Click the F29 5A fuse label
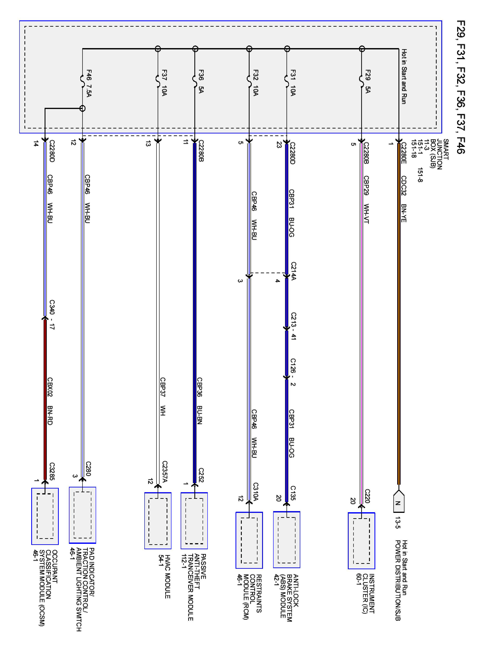368,81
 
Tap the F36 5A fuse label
201,81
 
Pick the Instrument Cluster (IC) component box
361,541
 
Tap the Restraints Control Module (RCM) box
249,540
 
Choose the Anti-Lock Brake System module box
287,539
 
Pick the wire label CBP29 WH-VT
366,200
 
